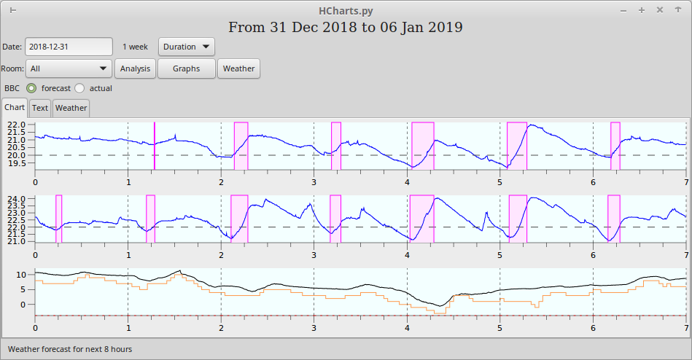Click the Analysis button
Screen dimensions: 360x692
point(135,69)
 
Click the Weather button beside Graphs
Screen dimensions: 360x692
point(238,69)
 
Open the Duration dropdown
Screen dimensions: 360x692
point(187,47)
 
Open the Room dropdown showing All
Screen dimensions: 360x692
point(69,69)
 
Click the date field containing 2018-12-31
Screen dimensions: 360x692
point(69,47)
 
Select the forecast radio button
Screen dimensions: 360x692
point(31,88)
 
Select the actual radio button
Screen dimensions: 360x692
point(79,88)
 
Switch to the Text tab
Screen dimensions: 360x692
point(40,108)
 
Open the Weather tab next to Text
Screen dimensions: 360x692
point(71,108)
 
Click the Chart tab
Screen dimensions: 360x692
point(15,107)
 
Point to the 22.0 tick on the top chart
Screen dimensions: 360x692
point(16,125)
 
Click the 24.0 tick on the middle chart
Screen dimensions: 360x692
point(16,199)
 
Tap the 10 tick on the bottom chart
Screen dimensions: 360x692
point(21,275)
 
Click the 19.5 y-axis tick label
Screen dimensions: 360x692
point(16,163)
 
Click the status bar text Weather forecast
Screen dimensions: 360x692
point(70,349)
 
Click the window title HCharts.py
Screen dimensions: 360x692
point(346,10)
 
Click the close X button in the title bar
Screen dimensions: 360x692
point(659,10)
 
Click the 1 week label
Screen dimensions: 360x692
point(135,47)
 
